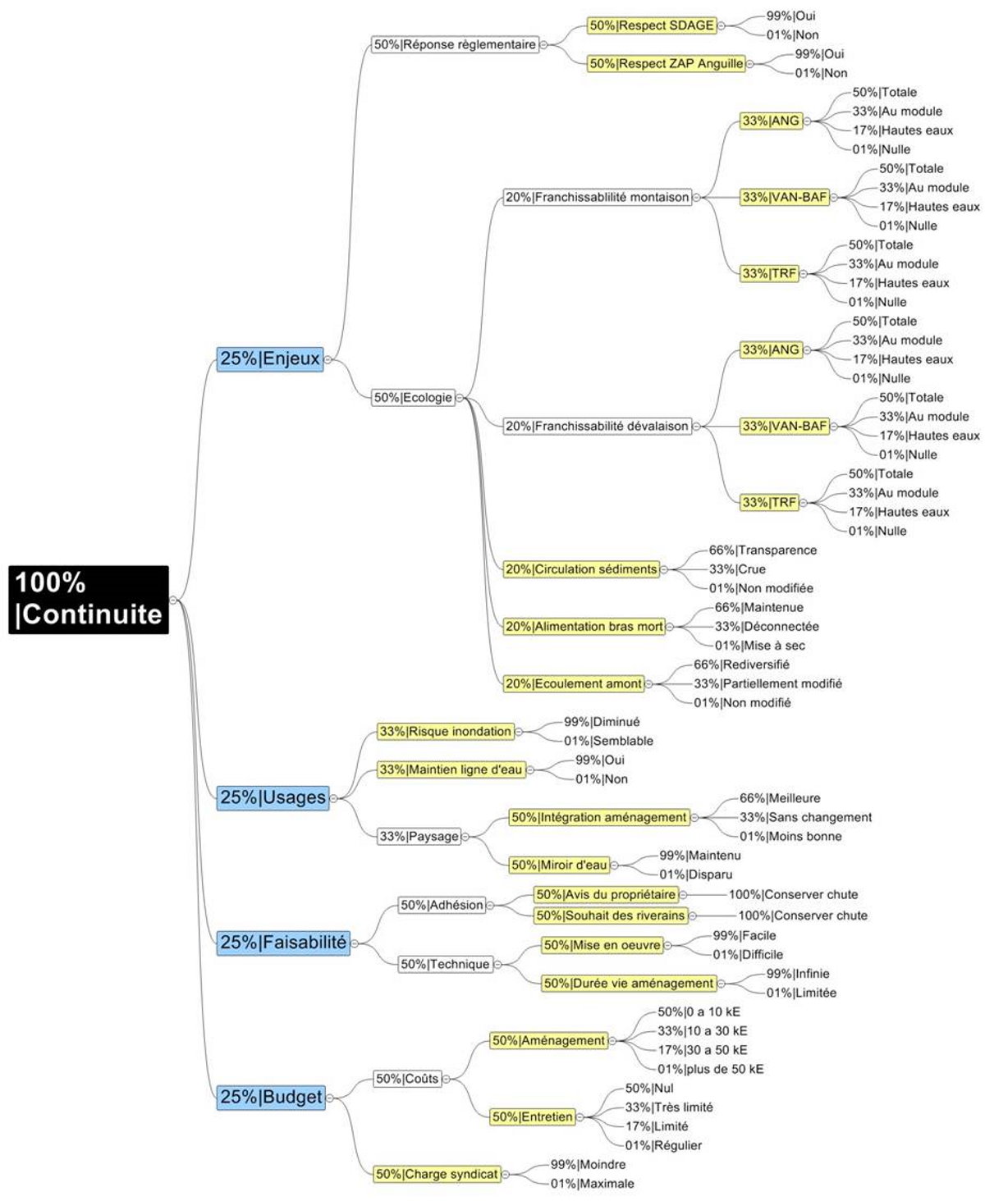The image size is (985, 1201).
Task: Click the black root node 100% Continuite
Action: click(x=89, y=599)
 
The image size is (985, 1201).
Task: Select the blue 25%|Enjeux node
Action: click(x=269, y=358)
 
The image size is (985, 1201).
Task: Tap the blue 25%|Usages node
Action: click(x=273, y=797)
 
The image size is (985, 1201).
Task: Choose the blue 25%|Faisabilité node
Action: click(x=282, y=943)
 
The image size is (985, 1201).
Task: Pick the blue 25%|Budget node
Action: click(x=271, y=1097)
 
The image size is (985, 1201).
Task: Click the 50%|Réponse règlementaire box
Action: click(x=455, y=44)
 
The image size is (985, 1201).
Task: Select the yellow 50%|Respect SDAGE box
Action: click(x=652, y=25)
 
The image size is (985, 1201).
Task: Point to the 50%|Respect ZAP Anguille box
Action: click(x=667, y=63)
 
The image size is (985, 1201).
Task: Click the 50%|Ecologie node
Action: click(x=413, y=398)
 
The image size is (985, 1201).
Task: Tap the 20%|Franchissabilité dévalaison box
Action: click(x=597, y=426)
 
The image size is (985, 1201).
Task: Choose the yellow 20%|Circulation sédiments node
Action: click(x=581, y=569)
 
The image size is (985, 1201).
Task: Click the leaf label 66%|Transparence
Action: click(x=763, y=550)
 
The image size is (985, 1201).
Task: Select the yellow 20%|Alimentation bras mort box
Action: click(x=584, y=627)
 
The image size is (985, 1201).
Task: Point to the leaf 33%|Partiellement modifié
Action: click(x=767, y=683)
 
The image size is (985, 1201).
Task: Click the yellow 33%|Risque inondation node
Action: click(x=446, y=731)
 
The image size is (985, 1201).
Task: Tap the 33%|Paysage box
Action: click(x=419, y=836)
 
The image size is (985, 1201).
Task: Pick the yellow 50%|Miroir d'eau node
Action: click(x=559, y=865)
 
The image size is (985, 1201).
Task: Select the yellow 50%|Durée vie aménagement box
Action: click(x=629, y=983)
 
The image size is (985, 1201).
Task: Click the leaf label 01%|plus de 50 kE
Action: click(x=710, y=1069)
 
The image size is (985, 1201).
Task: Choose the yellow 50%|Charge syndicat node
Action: click(x=437, y=1174)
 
